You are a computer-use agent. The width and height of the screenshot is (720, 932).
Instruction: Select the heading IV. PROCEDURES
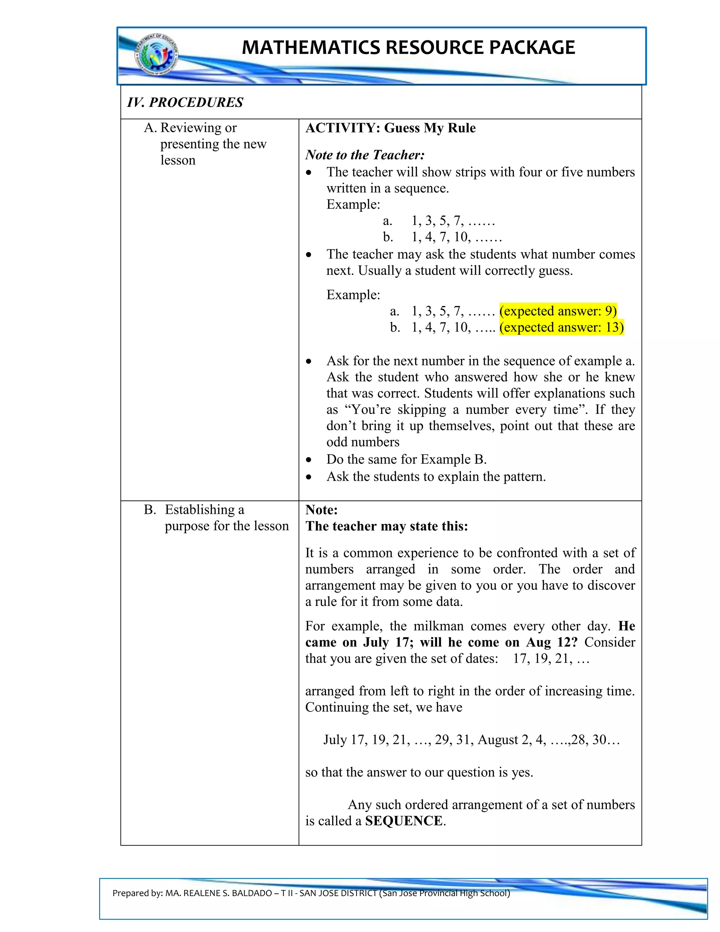(185, 102)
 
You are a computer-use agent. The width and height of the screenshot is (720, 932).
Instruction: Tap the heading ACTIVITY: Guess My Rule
(390, 128)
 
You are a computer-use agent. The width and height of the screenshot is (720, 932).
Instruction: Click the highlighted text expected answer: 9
(558, 311)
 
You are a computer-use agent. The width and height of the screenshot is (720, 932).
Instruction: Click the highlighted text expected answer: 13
(561, 327)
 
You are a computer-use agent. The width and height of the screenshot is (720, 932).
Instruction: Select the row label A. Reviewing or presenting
(205, 143)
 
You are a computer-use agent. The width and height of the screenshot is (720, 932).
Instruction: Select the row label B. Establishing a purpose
(216, 518)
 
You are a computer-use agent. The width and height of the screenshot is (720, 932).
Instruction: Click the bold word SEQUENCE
(404, 821)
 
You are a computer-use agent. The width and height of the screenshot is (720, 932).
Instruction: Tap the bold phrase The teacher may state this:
(386, 526)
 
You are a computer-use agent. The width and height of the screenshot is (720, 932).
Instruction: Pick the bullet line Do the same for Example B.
(406, 460)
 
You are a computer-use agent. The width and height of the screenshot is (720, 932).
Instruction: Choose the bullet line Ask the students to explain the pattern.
(436, 477)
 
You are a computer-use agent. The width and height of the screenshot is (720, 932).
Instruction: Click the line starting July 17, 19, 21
(471, 740)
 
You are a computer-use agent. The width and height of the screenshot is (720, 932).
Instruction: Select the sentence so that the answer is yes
(419, 772)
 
